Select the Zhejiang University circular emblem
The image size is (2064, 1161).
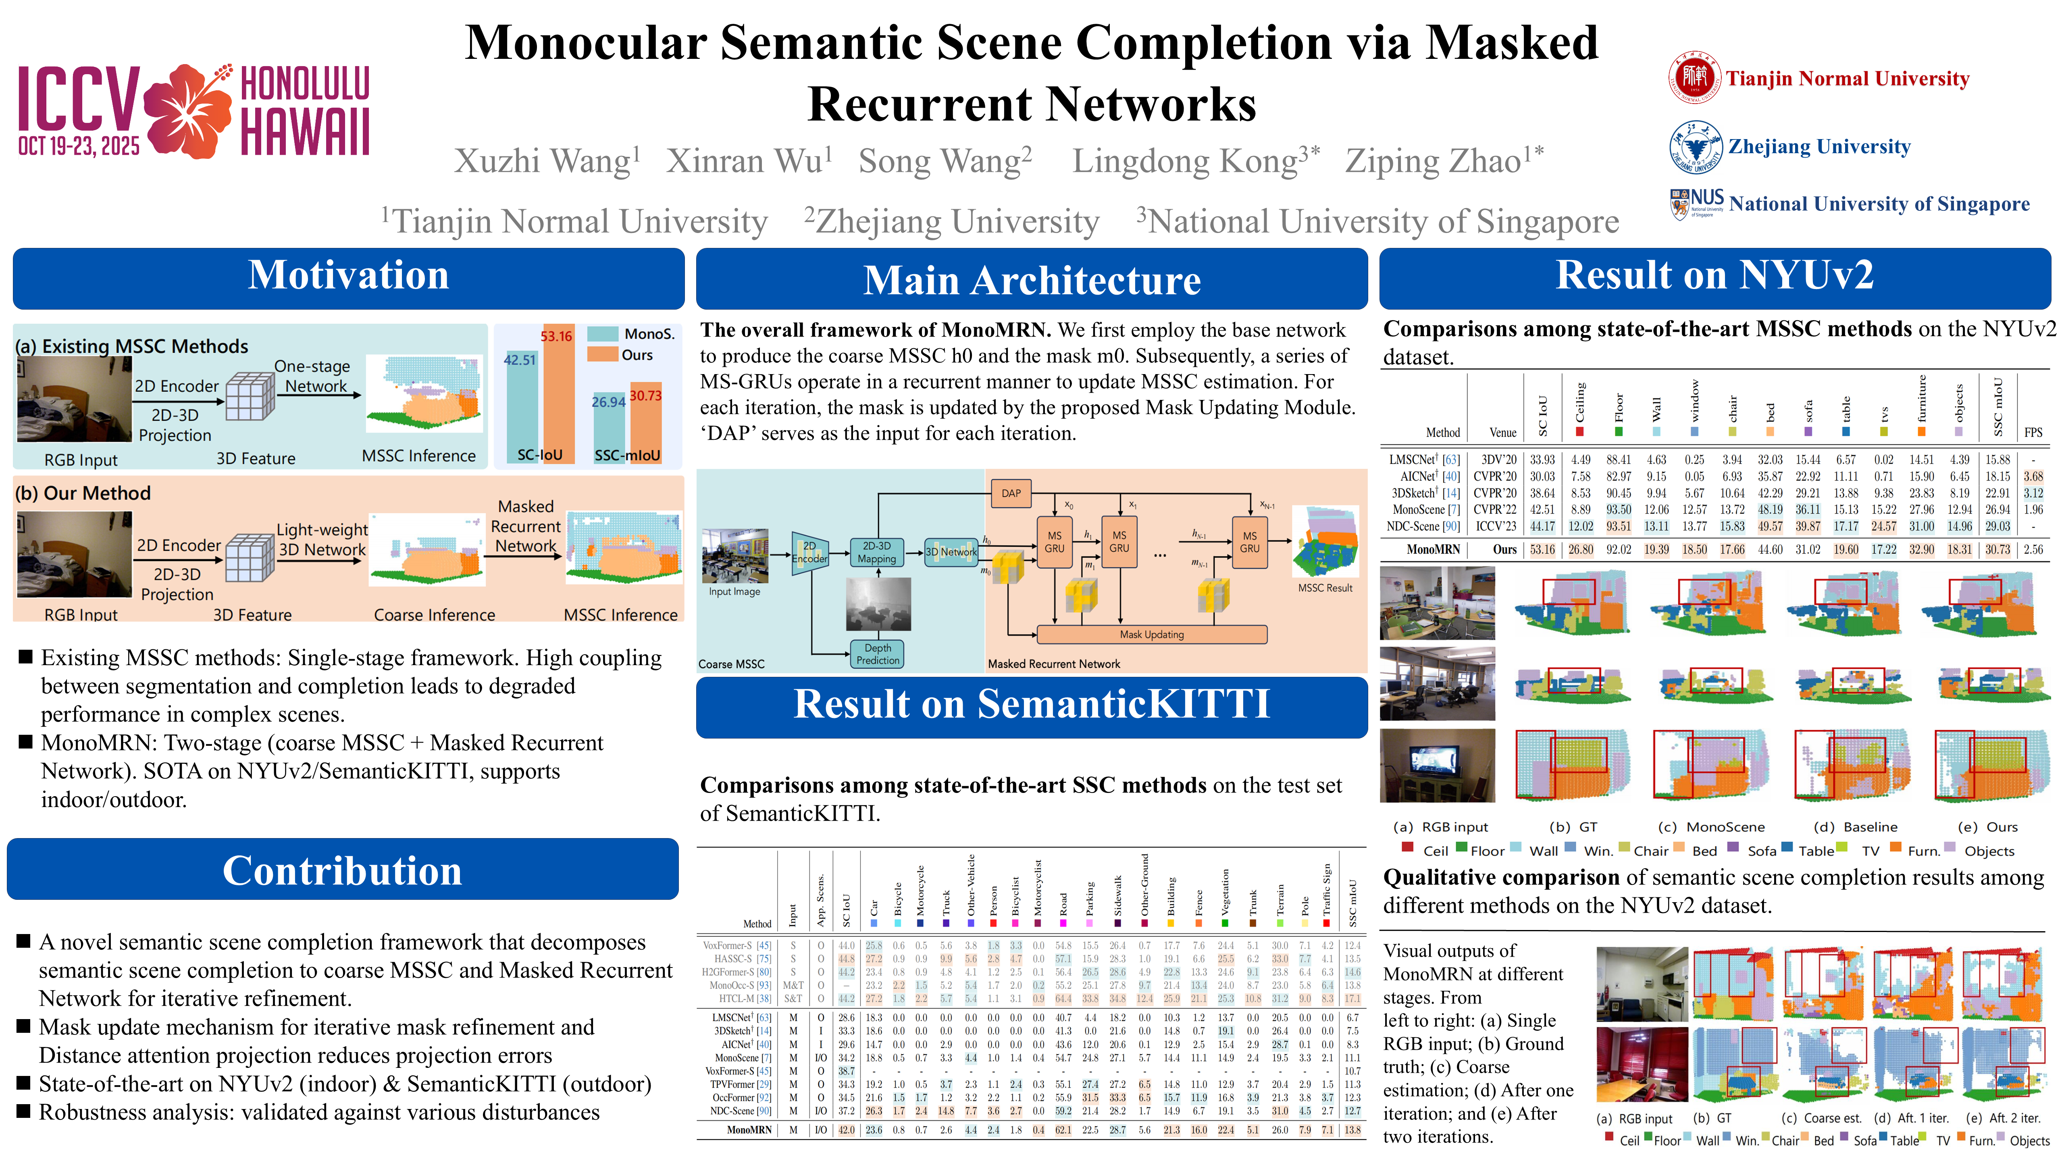click(x=1696, y=147)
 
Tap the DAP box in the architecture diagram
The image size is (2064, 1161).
click(x=1011, y=493)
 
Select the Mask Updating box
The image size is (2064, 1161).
click(x=1151, y=635)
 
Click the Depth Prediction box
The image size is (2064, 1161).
click(x=877, y=654)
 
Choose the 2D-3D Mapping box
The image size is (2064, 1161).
click(x=876, y=552)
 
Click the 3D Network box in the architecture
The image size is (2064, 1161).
click(x=951, y=552)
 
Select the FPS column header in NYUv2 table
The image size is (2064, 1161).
click(x=2033, y=433)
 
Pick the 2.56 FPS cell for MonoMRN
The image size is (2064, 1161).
click(x=2033, y=549)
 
